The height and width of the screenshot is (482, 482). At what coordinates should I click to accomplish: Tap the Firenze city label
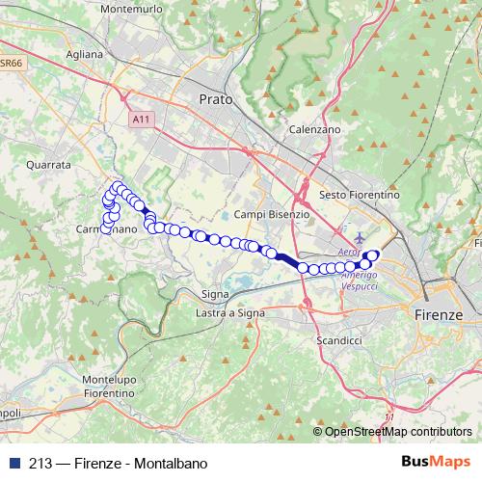coord(437,315)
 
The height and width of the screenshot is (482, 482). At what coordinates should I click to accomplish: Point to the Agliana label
coord(85,55)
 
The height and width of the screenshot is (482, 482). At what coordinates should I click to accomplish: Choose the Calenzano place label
coord(314,128)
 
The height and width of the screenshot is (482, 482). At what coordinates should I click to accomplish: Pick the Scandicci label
coord(337,341)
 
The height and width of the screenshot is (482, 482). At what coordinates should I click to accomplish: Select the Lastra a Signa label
coord(229,313)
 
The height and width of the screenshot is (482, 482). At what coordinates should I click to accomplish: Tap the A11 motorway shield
coord(143,119)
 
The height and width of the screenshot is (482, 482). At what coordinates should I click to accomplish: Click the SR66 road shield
coord(11,64)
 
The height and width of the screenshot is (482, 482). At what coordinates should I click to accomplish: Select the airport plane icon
coord(360,237)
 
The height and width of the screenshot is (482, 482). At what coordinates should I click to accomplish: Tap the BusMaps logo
coord(436,461)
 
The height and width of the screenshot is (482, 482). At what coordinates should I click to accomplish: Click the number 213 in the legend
coord(40,462)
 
